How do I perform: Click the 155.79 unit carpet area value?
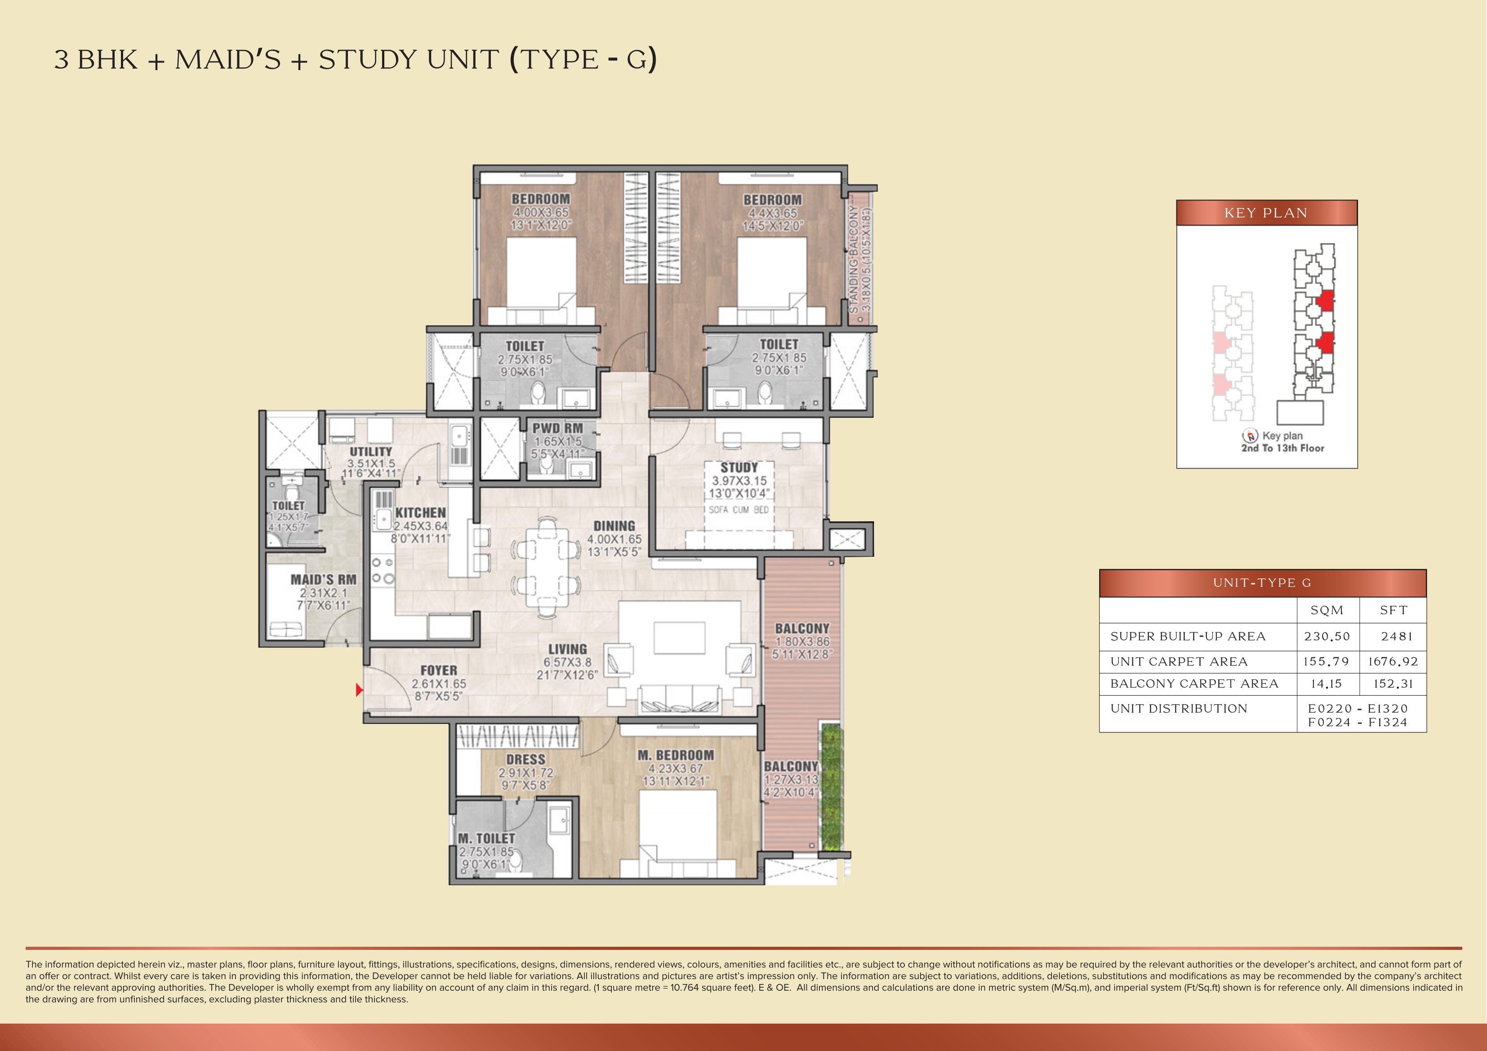point(1327,661)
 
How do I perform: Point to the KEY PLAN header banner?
point(1266,213)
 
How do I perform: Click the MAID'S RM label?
point(323,580)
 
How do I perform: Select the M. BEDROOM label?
point(676,755)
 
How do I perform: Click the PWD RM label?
point(557,428)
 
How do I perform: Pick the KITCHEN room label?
point(420,512)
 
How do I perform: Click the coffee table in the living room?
point(679,638)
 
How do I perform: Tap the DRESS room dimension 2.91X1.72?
point(526,772)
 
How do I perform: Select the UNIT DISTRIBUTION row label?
point(1179,709)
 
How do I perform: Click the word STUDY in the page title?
point(366,60)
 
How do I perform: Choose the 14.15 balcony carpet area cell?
point(1327,684)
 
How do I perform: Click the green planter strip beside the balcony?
point(831,787)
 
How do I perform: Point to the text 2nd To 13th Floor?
point(1282,448)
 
